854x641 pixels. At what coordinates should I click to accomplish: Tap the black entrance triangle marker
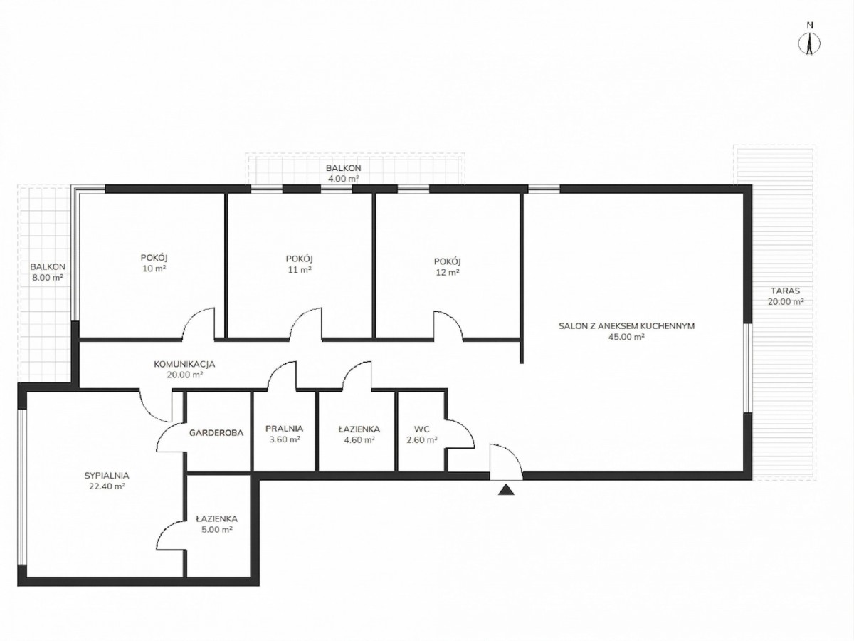tap(506, 489)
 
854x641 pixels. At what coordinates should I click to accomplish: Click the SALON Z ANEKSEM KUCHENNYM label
tap(626, 326)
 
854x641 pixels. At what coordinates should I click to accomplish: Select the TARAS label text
tap(786, 291)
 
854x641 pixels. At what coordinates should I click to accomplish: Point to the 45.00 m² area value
tap(626, 337)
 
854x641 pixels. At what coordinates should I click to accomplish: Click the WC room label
tap(422, 429)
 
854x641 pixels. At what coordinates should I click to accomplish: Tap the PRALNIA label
tap(284, 429)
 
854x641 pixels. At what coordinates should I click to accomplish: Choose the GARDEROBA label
tap(216, 433)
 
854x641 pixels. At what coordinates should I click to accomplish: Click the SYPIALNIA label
tap(107, 476)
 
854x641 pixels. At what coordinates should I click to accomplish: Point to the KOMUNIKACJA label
tap(184, 364)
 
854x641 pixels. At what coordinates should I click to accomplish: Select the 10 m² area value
tap(154, 269)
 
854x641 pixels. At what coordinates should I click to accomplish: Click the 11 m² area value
tap(299, 269)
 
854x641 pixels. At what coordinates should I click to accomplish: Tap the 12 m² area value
tap(448, 273)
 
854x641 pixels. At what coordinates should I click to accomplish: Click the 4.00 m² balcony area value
tap(343, 179)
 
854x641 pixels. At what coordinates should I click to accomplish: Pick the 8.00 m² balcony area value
tap(48, 278)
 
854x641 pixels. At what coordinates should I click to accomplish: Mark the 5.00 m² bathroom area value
tap(217, 529)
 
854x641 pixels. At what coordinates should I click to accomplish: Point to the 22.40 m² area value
tap(107, 486)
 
